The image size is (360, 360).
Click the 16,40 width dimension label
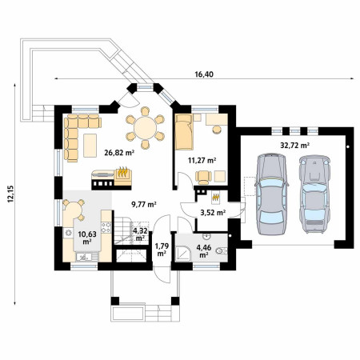204,74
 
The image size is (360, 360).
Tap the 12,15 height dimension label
10,194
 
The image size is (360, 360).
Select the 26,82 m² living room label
119,153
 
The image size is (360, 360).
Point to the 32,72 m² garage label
294,146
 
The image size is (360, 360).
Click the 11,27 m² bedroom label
202,161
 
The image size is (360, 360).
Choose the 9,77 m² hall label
144,205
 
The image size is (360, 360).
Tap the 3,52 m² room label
213,213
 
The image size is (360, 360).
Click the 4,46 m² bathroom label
204,251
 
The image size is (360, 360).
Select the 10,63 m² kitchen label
87,238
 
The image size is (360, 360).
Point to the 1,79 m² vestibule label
162,249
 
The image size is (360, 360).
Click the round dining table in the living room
145,128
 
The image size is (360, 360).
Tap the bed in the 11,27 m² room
184,132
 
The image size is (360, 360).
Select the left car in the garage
271,194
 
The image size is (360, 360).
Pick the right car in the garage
314,194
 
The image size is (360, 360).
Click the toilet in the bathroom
222,251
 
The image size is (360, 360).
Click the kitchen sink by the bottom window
84,257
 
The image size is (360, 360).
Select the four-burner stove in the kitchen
106,227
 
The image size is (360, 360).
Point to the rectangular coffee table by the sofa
90,146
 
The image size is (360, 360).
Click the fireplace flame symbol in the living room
122,172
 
